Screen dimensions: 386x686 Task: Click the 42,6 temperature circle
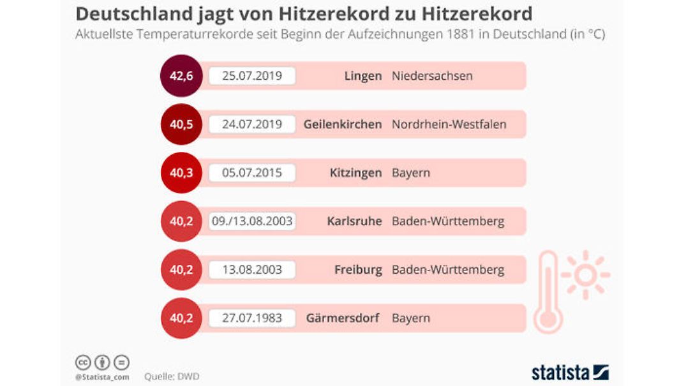click(181, 76)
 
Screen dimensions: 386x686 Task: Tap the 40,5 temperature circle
click(181, 124)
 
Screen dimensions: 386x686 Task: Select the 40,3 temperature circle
click(181, 173)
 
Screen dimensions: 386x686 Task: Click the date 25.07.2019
click(251, 76)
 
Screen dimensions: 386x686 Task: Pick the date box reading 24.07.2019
click(251, 124)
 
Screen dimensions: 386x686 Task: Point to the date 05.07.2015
click(251, 173)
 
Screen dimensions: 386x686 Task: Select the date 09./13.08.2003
click(251, 221)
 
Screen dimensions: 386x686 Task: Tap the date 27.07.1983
click(251, 318)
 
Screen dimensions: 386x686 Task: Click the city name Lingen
click(362, 76)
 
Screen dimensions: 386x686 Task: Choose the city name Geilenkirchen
click(343, 124)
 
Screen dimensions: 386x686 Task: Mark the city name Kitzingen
click(356, 173)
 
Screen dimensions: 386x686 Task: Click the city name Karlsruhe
click(354, 221)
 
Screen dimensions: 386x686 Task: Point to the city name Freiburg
click(358, 270)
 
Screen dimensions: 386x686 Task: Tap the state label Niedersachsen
click(432, 76)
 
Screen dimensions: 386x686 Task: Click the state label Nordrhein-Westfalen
click(449, 124)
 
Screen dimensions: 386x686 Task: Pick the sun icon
click(585, 275)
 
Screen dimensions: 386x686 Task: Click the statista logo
click(570, 373)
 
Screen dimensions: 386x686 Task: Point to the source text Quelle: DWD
click(172, 376)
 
